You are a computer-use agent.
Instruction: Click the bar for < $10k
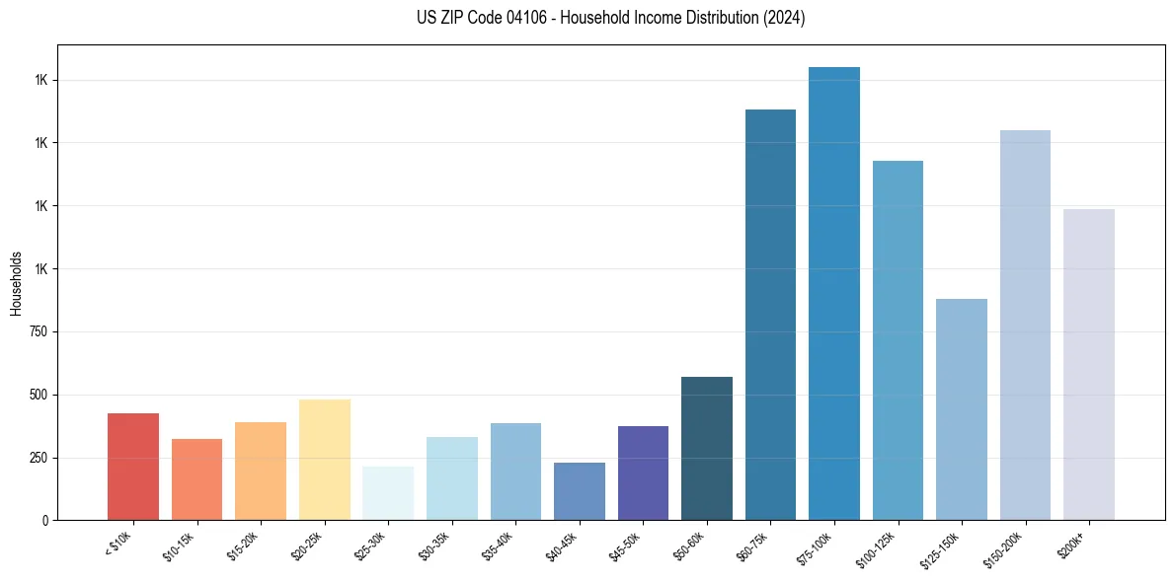point(133,467)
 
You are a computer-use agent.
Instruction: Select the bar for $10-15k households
point(196,479)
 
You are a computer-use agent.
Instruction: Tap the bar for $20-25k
point(324,460)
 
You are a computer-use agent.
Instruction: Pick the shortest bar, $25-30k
point(388,493)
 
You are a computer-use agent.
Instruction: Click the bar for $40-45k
point(579,491)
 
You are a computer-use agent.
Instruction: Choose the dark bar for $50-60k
point(706,448)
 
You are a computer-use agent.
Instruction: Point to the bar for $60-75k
point(770,315)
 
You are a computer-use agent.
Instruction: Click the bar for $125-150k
point(961,409)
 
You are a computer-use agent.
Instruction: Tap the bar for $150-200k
point(1025,326)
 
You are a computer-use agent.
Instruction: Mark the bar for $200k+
point(1088,365)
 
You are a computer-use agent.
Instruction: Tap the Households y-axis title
point(17,283)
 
